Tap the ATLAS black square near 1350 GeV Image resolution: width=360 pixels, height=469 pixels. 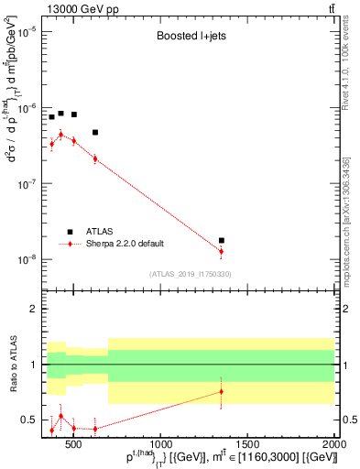(221, 240)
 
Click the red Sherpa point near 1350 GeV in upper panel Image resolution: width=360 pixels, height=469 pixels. (221, 251)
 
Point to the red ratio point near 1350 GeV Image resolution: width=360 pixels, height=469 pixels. (221, 392)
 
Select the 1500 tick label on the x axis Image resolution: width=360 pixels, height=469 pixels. (247, 446)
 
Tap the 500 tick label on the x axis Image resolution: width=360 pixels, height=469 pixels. (74, 446)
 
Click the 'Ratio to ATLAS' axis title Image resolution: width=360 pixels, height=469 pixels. (12, 364)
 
